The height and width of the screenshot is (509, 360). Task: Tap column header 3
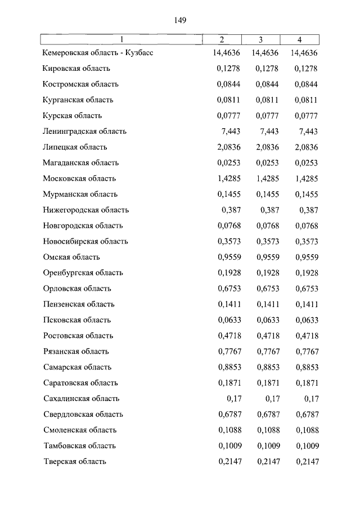click(x=261, y=39)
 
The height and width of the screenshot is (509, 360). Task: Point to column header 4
click(x=299, y=39)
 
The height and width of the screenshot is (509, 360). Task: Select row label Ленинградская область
click(x=85, y=132)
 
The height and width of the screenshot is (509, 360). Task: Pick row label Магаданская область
click(x=81, y=163)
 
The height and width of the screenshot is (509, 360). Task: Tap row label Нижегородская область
click(x=86, y=210)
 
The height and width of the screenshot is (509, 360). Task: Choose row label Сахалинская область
click(x=81, y=399)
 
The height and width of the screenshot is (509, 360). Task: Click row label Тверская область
click(x=75, y=462)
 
